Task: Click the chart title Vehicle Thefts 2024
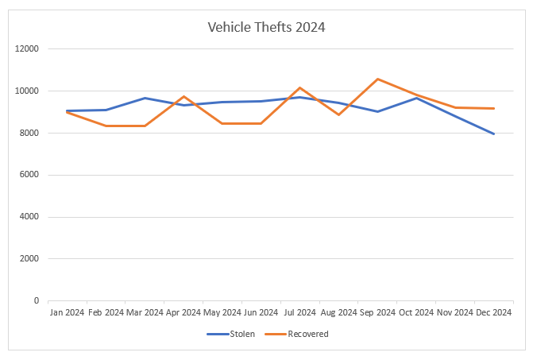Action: click(x=266, y=27)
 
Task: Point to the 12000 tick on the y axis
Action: click(x=28, y=49)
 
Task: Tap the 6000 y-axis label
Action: click(x=30, y=175)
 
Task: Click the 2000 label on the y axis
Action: click(x=30, y=259)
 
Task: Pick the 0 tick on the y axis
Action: click(x=36, y=301)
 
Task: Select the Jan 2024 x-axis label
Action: click(x=68, y=312)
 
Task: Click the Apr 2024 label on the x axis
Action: click(x=184, y=312)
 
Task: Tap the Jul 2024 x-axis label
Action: click(x=300, y=312)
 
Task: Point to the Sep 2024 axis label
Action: click(x=377, y=312)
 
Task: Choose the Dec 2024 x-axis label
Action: click(x=493, y=312)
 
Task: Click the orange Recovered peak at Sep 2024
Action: click(x=377, y=79)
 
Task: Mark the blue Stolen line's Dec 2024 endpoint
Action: click(x=493, y=134)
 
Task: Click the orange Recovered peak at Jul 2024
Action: click(x=300, y=87)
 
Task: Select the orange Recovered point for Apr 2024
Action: click(x=184, y=96)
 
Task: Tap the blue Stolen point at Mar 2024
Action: click(x=145, y=98)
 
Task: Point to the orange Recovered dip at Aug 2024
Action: click(x=339, y=114)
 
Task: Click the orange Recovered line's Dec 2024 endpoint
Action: click(x=493, y=108)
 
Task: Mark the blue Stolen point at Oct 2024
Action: click(x=416, y=98)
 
